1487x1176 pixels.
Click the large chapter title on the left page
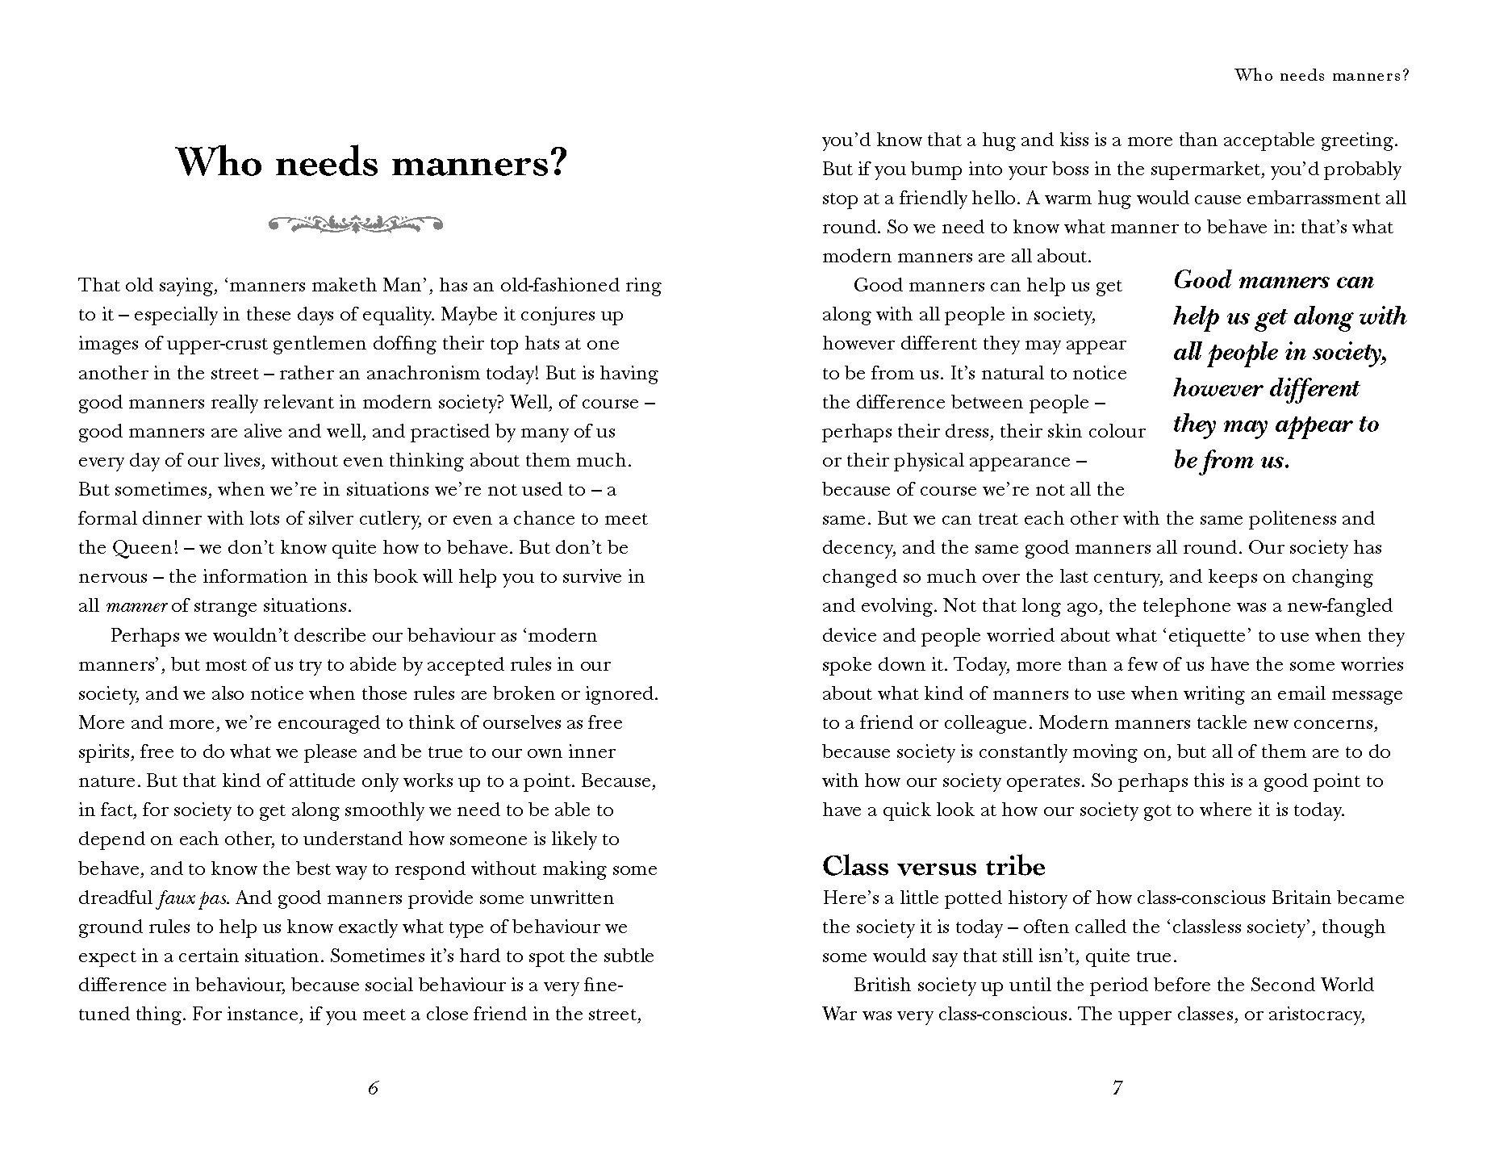(x=372, y=164)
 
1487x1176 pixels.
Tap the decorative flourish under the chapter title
(x=355, y=223)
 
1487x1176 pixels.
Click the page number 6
(x=373, y=1088)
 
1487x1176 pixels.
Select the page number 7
(x=1117, y=1088)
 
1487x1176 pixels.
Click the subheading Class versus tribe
(x=934, y=866)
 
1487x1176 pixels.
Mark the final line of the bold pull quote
(x=1231, y=460)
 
